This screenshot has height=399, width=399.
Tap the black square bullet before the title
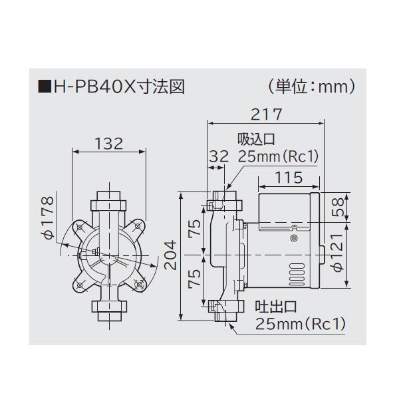point(44,86)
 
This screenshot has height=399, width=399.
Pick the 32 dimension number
point(218,157)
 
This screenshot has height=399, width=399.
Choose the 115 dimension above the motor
point(287,178)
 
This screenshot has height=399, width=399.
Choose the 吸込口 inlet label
point(256,140)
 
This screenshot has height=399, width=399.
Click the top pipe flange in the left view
point(107,199)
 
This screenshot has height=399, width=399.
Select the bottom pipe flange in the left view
point(107,309)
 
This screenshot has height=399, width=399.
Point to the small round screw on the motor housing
point(294,238)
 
